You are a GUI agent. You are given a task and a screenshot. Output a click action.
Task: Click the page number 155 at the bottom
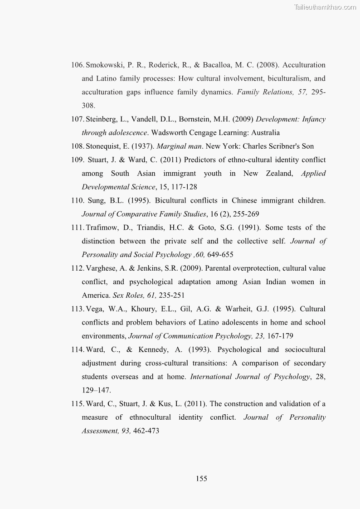click(x=202, y=479)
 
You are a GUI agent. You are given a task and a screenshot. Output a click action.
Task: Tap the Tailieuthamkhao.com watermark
click(x=325, y=7)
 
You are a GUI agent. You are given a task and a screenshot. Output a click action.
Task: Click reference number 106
click(x=78, y=65)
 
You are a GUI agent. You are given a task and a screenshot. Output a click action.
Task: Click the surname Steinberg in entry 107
click(x=102, y=119)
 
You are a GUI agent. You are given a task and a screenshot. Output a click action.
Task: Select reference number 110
click(x=78, y=200)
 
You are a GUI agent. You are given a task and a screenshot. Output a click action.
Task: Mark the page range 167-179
click(x=279, y=336)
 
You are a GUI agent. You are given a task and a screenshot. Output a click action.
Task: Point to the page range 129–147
click(x=96, y=390)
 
